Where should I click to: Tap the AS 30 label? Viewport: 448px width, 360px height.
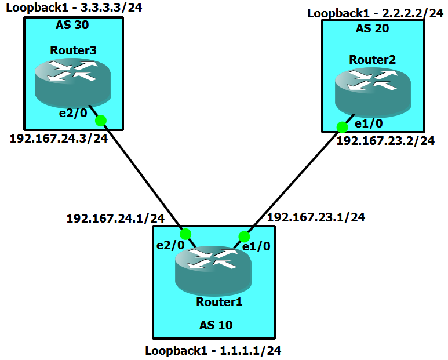(72, 26)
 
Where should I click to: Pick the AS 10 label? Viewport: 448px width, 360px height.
(214, 325)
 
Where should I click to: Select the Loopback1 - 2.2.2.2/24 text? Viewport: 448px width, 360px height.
(375, 13)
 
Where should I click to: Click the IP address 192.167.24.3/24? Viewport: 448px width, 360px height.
(59, 139)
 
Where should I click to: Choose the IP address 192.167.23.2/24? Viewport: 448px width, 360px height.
(385, 140)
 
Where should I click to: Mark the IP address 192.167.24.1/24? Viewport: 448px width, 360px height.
(116, 218)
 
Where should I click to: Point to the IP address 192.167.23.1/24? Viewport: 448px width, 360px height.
(316, 217)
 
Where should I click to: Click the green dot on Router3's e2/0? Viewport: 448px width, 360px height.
(101, 121)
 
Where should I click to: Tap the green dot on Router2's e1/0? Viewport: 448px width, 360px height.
(342, 127)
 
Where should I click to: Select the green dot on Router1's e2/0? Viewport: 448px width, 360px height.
(185, 234)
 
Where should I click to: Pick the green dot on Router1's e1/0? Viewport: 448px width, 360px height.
(244, 237)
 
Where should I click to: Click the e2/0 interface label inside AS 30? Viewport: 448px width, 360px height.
(73, 113)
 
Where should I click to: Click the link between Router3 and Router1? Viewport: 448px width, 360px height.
(143, 177)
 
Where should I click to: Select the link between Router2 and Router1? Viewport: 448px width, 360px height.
(293, 181)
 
